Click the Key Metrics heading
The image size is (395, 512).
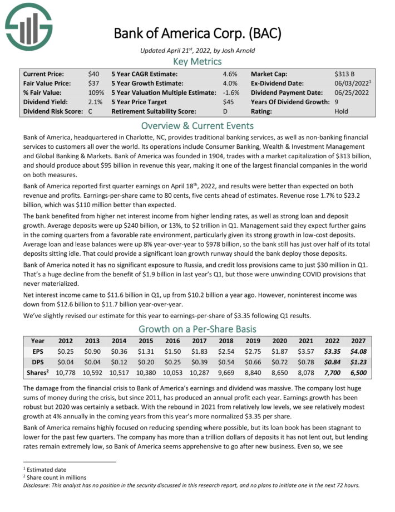click(x=197, y=61)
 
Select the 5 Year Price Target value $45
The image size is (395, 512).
click(x=229, y=102)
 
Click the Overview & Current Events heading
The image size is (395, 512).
click(x=197, y=125)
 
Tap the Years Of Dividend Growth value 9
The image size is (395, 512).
click(x=337, y=102)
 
